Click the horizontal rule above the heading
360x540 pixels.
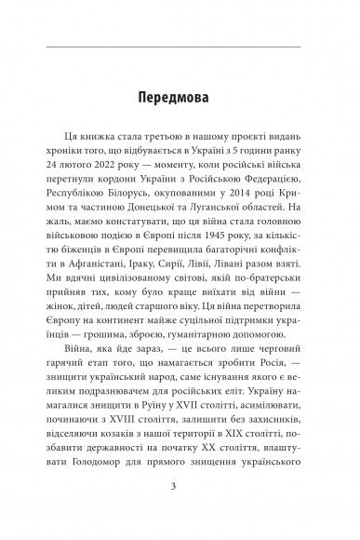point(180,45)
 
